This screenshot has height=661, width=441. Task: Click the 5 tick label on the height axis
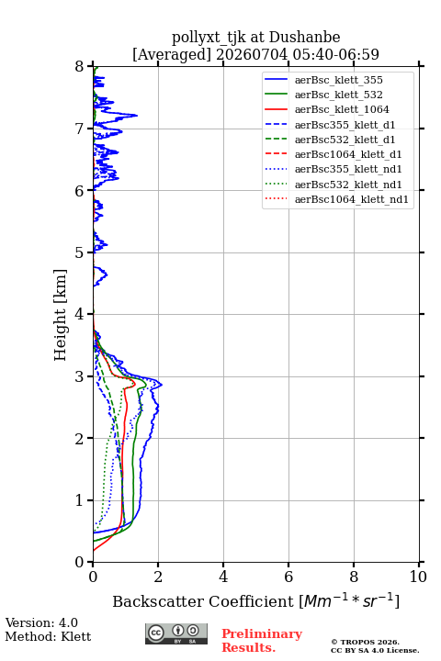coord(80,252)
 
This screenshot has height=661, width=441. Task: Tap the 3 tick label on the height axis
coord(80,376)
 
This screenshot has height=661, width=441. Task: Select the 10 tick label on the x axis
coord(418,577)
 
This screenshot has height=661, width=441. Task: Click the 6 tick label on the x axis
coord(288,577)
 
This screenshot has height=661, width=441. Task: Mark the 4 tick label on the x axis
coord(223,577)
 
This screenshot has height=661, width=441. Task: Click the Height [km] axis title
coord(61,315)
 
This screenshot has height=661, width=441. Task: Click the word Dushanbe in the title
coord(304,37)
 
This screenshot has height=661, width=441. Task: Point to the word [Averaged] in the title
coord(172,54)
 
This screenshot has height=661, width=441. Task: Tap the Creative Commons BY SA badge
coord(176,633)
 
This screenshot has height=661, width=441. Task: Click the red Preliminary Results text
coord(262,641)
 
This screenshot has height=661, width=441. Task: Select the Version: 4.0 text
coord(41,622)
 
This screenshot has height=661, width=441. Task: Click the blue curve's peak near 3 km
coord(162,384)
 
